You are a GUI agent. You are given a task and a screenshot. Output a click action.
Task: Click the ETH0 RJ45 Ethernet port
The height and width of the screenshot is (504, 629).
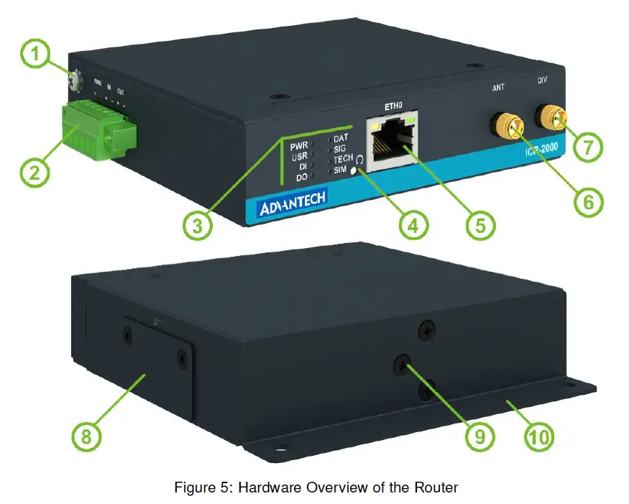392,141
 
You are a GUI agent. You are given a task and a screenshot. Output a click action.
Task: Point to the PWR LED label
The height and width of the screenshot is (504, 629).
298,145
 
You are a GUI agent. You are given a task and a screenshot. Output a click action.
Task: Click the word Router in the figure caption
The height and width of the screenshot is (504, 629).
436,487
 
